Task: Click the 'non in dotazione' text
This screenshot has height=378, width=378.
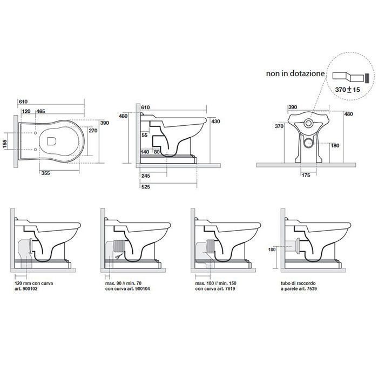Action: (x=295, y=73)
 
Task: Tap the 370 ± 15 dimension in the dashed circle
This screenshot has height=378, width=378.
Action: (x=347, y=90)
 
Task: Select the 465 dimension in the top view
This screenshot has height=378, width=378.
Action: (x=40, y=111)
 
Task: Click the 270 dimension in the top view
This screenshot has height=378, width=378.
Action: (x=93, y=131)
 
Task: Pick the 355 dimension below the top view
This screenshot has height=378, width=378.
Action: (x=45, y=173)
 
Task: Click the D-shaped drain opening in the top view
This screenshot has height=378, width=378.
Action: (x=52, y=141)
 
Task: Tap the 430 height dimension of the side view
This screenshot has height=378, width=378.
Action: (x=215, y=122)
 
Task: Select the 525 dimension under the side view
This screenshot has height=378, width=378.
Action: (x=146, y=187)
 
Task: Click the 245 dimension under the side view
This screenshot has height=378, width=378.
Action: (x=146, y=175)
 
